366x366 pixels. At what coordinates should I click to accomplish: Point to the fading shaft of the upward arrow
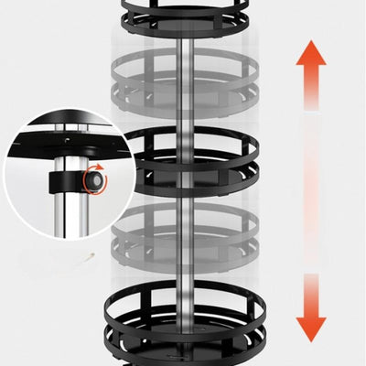click(x=312, y=101)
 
